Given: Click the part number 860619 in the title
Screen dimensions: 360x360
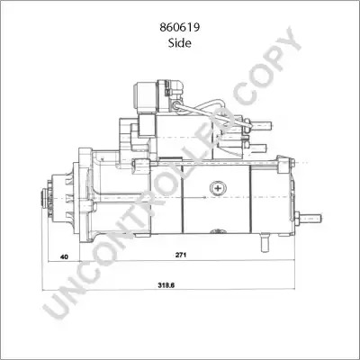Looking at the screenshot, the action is [x=180, y=28].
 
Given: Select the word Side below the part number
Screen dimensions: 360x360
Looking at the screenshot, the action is [x=180, y=43].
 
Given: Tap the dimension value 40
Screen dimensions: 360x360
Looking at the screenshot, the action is [x=64, y=256].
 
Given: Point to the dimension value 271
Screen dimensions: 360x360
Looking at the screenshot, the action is [x=181, y=255].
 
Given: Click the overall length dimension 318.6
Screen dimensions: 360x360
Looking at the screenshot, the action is [x=166, y=286].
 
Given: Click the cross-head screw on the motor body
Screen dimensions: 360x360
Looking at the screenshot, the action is [x=218, y=188].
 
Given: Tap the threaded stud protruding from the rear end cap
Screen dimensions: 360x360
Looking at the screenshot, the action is [x=309, y=218].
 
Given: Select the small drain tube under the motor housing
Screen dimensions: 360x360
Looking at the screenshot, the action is [x=265, y=242].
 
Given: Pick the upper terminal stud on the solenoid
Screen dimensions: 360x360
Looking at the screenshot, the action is [x=260, y=124].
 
